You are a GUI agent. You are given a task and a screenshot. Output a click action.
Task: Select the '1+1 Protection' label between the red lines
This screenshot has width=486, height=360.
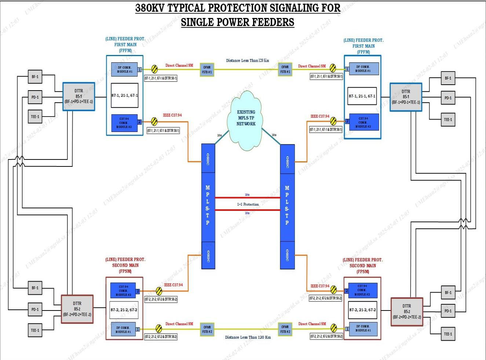pyautogui.click(x=248, y=204)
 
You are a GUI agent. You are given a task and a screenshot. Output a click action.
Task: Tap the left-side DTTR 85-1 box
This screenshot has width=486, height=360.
pyautogui.click(x=78, y=96)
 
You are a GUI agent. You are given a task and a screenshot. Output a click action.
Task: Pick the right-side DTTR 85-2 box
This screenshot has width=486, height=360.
pyautogui.click(x=407, y=312)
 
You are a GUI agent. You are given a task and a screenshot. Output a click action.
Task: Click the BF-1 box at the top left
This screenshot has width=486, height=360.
pyautogui.click(x=35, y=77)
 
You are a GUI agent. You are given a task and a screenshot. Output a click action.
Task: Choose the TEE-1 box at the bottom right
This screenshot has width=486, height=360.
pyautogui.click(x=448, y=334)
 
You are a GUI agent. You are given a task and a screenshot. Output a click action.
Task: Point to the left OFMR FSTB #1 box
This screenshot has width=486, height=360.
pyautogui.click(x=207, y=70)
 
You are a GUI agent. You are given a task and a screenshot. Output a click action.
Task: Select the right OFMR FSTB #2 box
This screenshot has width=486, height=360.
pyautogui.click(x=285, y=329)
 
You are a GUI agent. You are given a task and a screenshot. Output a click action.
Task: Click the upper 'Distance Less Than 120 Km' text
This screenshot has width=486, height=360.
pyautogui.click(x=247, y=60)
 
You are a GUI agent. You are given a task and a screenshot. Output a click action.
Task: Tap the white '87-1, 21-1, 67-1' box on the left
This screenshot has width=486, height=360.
pyautogui.click(x=125, y=95)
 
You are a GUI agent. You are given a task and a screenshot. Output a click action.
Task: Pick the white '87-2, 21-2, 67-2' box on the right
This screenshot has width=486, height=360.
pyautogui.click(x=362, y=310)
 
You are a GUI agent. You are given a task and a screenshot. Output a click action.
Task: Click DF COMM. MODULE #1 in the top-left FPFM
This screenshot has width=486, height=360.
pyautogui.click(x=124, y=69)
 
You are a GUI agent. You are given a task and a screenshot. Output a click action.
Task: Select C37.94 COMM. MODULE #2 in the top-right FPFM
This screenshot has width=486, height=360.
pyautogui.click(x=363, y=122)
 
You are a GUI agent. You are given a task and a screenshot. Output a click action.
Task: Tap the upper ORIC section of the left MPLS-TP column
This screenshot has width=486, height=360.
pyautogui.click(x=208, y=158)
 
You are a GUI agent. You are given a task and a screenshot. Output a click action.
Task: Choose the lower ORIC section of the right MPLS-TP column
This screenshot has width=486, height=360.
pyautogui.click(x=287, y=255)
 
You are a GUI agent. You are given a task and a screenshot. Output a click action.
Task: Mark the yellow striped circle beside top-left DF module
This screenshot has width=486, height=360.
pyautogui.click(x=154, y=69)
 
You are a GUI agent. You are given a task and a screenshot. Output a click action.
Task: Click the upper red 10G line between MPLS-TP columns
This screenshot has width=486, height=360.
pyautogui.click(x=247, y=198)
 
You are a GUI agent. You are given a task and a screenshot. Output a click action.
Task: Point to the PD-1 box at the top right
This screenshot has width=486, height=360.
pyautogui.click(x=448, y=98)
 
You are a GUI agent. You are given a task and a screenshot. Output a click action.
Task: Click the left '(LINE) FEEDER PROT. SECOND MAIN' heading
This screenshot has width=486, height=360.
pyautogui.click(x=125, y=265)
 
